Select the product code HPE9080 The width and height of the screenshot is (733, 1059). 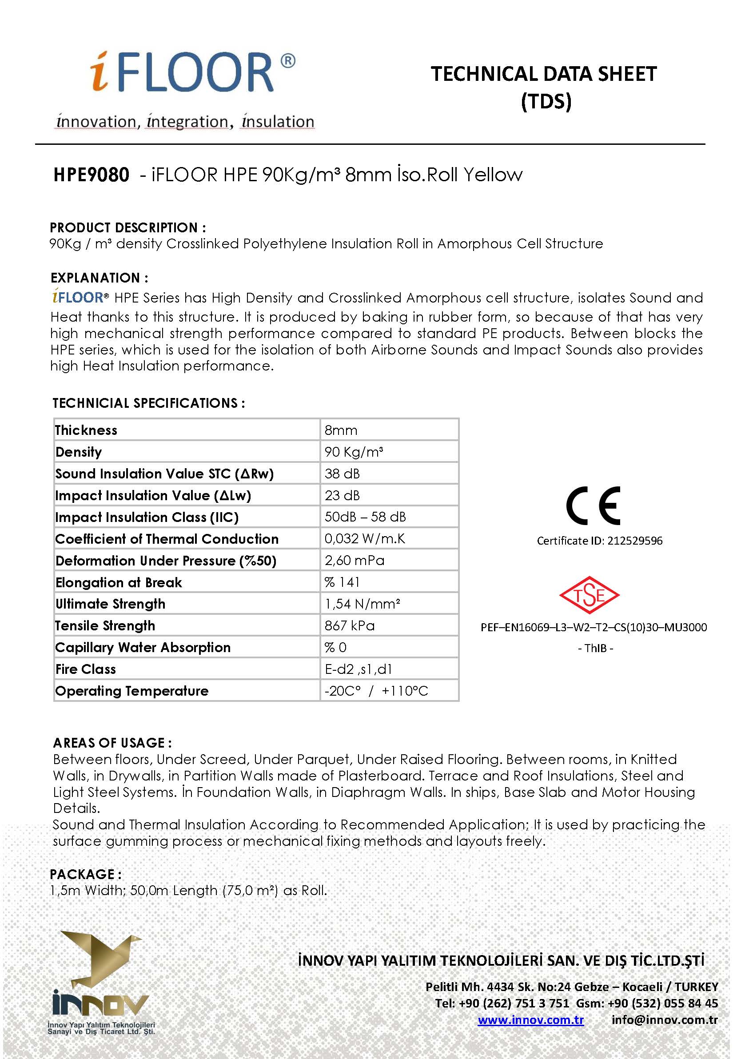pyautogui.click(x=92, y=175)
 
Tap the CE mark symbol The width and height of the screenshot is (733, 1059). pyautogui.click(x=594, y=506)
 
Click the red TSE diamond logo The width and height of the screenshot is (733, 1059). pyautogui.click(x=589, y=595)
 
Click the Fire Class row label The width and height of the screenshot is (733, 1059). pyautogui.click(x=85, y=669)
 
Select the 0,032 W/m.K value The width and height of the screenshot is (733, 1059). pyautogui.click(x=365, y=538)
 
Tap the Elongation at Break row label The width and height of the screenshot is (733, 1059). pyautogui.click(x=119, y=582)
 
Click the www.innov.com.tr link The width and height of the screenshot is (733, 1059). pyautogui.click(x=530, y=1020)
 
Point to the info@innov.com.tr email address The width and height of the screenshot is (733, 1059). pyautogui.click(x=665, y=1020)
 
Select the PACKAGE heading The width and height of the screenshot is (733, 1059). pyautogui.click(x=85, y=874)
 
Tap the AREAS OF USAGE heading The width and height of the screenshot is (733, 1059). pyautogui.click(x=112, y=743)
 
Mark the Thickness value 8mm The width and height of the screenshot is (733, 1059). pyautogui.click(x=341, y=430)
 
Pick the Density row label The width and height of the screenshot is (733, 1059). pyautogui.click(x=79, y=452)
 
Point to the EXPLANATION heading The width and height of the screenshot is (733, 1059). pyautogui.click(x=99, y=278)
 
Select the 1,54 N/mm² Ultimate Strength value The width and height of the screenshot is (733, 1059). pyautogui.click(x=363, y=604)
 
